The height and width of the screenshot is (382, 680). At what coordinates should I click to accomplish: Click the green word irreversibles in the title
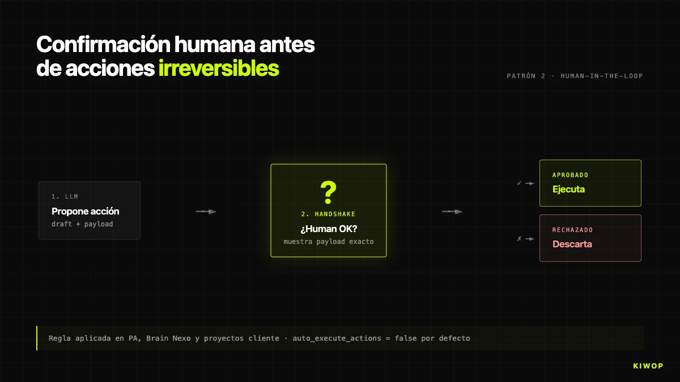pyautogui.click(x=218, y=68)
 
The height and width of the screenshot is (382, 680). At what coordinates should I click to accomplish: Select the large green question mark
pyautogui.click(x=328, y=193)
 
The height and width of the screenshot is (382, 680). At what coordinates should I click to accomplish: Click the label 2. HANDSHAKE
pyautogui.click(x=328, y=214)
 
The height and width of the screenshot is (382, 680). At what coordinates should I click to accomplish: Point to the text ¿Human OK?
pyautogui.click(x=328, y=229)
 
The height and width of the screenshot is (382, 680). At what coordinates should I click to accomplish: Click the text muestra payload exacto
pyautogui.click(x=328, y=242)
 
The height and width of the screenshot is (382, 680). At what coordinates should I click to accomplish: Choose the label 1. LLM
pyautogui.click(x=65, y=196)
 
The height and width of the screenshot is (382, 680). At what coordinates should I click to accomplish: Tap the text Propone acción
pyautogui.click(x=85, y=211)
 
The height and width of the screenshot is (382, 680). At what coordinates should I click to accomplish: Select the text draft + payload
pyautogui.click(x=82, y=224)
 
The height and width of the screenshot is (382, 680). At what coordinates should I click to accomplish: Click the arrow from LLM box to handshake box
pyautogui.click(x=206, y=212)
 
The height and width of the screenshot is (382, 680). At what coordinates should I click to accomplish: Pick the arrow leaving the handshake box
pyautogui.click(x=452, y=212)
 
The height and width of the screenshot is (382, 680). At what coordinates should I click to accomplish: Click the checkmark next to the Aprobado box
pyautogui.click(x=519, y=183)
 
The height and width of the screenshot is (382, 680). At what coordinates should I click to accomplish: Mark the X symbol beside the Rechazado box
pyautogui.click(x=519, y=239)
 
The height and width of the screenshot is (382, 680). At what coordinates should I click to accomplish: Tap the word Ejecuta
pyautogui.click(x=568, y=189)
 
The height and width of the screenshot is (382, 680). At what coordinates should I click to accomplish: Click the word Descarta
pyautogui.click(x=572, y=244)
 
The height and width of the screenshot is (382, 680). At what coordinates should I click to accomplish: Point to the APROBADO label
pyautogui.click(x=570, y=175)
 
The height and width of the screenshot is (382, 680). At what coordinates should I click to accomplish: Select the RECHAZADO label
pyautogui.click(x=572, y=230)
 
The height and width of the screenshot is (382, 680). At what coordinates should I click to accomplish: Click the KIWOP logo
pyautogui.click(x=648, y=366)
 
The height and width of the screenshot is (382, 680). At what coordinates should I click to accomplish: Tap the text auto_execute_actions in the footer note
pyautogui.click(x=332, y=338)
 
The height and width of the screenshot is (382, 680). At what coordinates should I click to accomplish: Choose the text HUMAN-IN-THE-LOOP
pyautogui.click(x=601, y=76)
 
